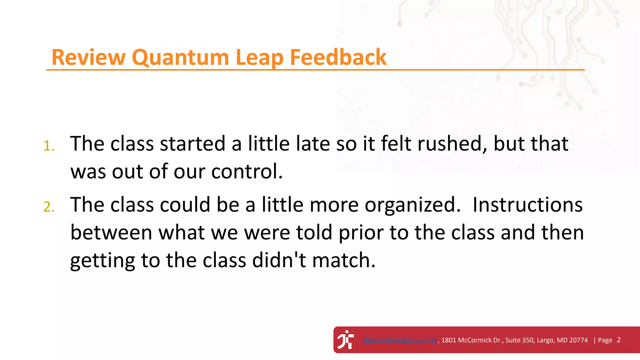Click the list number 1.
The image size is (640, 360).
coord(49,146)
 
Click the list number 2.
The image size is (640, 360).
coord(49,207)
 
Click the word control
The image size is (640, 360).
coord(247,172)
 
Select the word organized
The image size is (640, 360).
coord(412,205)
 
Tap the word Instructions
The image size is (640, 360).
coord(527,205)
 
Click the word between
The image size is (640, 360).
coord(111,232)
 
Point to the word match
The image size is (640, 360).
coord(343,260)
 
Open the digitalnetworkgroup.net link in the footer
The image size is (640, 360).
coord(400,340)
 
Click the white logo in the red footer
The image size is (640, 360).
coord(346,340)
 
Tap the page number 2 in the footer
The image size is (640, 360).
coord(618,340)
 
